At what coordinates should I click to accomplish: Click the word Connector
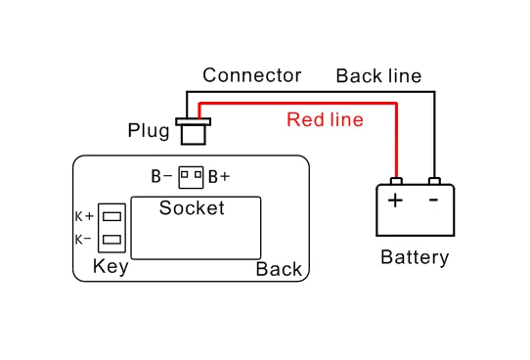click(252, 75)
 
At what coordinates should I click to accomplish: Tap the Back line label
click(378, 75)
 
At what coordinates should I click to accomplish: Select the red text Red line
click(325, 119)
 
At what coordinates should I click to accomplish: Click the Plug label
click(149, 131)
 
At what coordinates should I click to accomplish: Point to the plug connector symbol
click(194, 131)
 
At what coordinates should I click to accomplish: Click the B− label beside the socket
click(161, 176)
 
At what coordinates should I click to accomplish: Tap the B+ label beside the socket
click(219, 177)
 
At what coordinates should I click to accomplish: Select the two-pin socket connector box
click(191, 177)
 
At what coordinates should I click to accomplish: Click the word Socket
click(192, 207)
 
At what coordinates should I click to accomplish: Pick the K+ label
click(84, 216)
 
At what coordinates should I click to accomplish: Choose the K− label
click(83, 240)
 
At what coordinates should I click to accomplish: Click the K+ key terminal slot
click(111, 216)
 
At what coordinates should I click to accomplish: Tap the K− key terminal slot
click(111, 240)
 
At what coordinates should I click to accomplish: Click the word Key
click(110, 267)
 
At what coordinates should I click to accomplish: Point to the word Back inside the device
click(279, 269)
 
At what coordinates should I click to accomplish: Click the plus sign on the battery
click(395, 201)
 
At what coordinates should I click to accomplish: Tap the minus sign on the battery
click(433, 201)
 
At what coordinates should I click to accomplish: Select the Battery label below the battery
click(415, 257)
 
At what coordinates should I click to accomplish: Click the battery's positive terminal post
click(396, 181)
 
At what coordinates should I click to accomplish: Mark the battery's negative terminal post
click(434, 181)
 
